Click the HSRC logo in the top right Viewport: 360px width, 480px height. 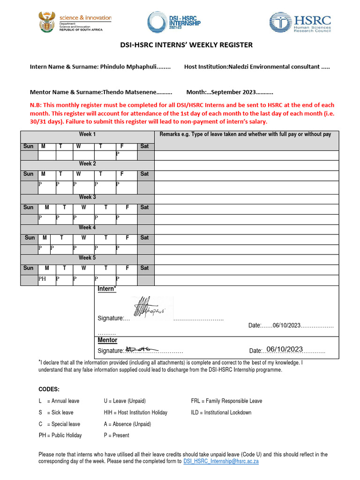[x=300, y=22]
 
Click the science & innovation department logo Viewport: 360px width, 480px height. [x=75, y=22]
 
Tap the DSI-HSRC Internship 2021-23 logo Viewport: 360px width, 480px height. [x=174, y=22]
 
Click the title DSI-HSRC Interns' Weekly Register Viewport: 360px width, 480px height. [x=180, y=45]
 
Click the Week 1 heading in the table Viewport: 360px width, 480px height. [x=87, y=135]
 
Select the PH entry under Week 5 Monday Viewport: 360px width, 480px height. [x=42, y=278]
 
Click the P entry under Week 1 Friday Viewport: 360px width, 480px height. [x=118, y=154]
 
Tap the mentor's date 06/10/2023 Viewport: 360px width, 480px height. [x=284, y=349]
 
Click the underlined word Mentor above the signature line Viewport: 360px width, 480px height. [x=107, y=340]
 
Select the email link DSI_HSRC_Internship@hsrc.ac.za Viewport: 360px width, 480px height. [x=221, y=461]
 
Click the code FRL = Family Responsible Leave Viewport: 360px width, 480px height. [x=226, y=401]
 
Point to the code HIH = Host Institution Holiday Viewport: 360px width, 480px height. [x=135, y=412]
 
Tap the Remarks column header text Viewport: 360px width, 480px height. [x=245, y=135]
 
